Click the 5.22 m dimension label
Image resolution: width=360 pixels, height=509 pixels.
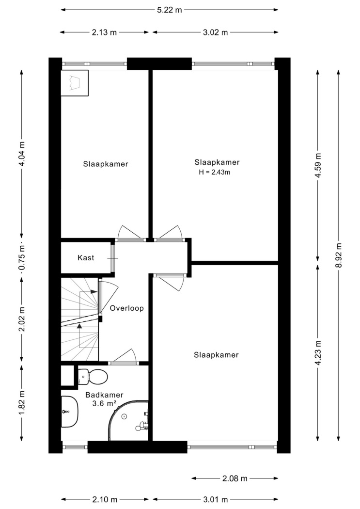coord(169,10)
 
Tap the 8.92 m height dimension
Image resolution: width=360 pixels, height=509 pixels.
coord(339,255)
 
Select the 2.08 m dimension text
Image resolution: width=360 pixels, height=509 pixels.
coord(235,478)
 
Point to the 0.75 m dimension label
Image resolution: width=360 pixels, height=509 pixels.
coord(22,258)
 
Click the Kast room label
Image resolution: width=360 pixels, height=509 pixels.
coord(86,258)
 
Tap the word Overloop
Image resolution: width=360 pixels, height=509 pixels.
coord(126,308)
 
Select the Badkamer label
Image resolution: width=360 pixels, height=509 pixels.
coord(105,395)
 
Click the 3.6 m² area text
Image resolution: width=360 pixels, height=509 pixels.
coord(104,403)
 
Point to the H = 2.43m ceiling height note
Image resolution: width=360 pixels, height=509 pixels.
coord(214,173)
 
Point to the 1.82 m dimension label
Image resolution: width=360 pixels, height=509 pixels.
coord(22,402)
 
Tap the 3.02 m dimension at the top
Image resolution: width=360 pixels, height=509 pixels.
coord(215,32)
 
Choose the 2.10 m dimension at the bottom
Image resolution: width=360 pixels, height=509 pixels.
coord(105,499)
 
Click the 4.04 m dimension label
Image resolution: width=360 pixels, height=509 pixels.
coord(22,154)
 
